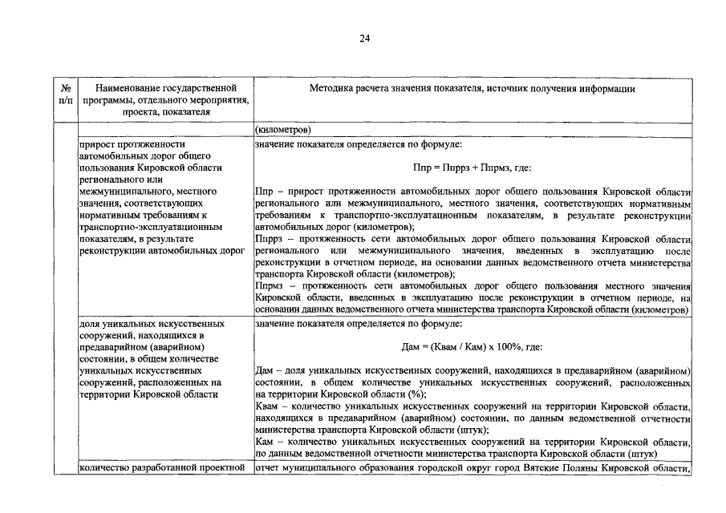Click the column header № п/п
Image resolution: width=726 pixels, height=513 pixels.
point(67,95)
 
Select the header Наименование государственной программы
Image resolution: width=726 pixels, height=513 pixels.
point(164,88)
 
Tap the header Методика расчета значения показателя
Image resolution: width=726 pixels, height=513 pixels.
point(472,88)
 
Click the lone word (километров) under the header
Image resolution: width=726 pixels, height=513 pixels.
point(283,130)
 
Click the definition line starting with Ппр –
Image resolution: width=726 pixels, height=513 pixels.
point(472,193)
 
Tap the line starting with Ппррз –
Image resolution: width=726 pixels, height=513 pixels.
point(472,240)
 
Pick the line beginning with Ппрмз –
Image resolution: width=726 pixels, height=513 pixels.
point(472,286)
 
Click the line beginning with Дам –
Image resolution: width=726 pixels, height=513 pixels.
point(472,372)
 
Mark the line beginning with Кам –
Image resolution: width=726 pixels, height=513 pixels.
point(472,442)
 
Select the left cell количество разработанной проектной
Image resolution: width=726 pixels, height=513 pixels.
point(161,468)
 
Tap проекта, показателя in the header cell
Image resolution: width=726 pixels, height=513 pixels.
point(164,112)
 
